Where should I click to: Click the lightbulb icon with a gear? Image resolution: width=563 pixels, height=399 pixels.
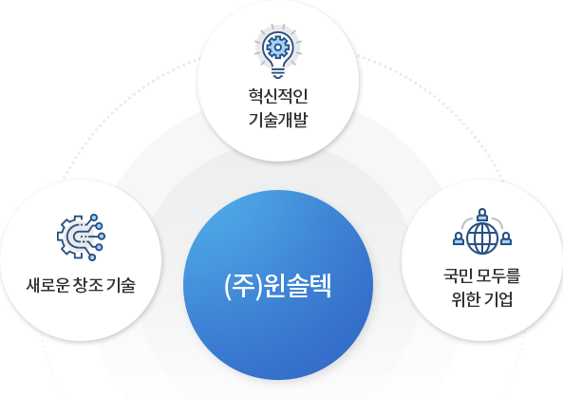[278, 51]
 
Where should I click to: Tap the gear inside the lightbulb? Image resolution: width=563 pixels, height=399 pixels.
[277, 47]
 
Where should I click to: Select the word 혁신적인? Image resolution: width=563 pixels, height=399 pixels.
[278, 96]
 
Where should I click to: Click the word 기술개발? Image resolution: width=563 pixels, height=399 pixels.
[278, 120]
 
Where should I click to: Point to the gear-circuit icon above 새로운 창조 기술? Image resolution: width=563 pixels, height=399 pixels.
[81, 237]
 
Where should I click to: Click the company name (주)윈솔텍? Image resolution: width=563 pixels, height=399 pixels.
[277, 286]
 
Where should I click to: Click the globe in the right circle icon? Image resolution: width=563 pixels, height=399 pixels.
[482, 237]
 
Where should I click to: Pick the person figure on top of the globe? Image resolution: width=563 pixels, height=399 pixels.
[482, 215]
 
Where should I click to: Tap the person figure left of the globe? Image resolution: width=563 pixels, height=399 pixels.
[459, 238]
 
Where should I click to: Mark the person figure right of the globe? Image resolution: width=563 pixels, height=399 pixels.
[506, 238]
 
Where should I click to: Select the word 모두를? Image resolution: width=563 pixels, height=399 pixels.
[498, 275]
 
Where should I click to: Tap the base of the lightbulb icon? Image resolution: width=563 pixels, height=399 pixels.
[278, 73]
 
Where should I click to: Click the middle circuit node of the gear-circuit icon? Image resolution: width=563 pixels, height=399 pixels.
[102, 237]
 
